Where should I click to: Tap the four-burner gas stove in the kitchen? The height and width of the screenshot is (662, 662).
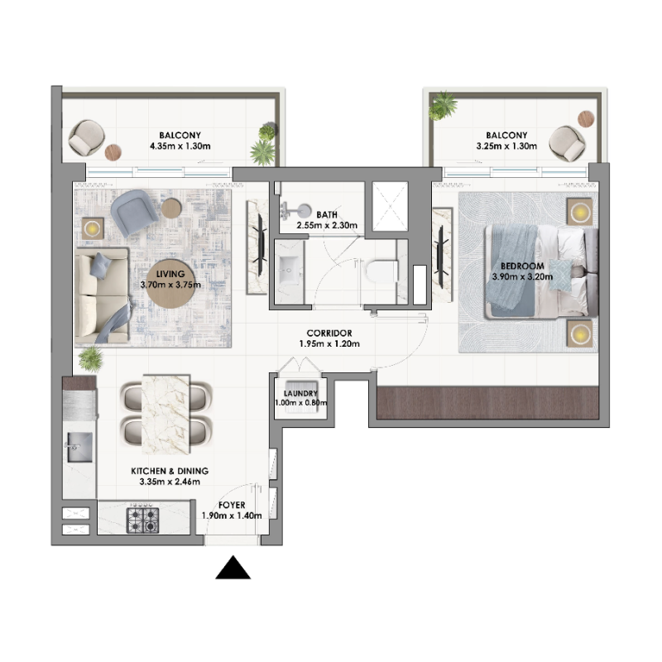(x=142, y=519)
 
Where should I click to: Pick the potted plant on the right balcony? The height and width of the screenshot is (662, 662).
(x=444, y=105)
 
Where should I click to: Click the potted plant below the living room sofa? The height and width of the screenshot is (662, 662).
(x=89, y=358)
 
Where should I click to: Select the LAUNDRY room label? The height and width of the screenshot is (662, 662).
(x=300, y=394)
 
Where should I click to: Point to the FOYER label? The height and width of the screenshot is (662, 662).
(x=232, y=504)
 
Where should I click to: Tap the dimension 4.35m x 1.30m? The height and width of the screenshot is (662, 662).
(x=180, y=146)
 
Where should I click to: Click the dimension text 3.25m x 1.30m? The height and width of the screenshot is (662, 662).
(x=506, y=146)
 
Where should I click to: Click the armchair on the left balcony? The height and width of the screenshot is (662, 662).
(x=84, y=138)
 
